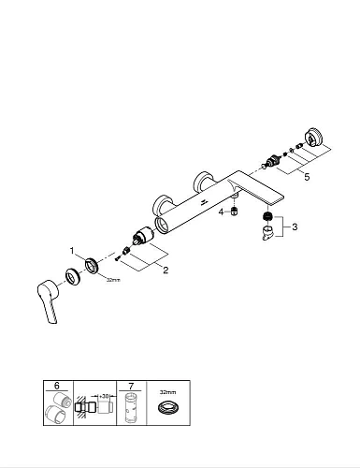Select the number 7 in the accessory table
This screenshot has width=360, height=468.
point(130,385)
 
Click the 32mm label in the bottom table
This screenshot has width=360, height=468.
point(168,385)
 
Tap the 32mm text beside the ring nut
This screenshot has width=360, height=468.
point(113,280)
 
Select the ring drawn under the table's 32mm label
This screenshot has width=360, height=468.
point(168,408)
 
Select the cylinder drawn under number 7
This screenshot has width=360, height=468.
point(130,410)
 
